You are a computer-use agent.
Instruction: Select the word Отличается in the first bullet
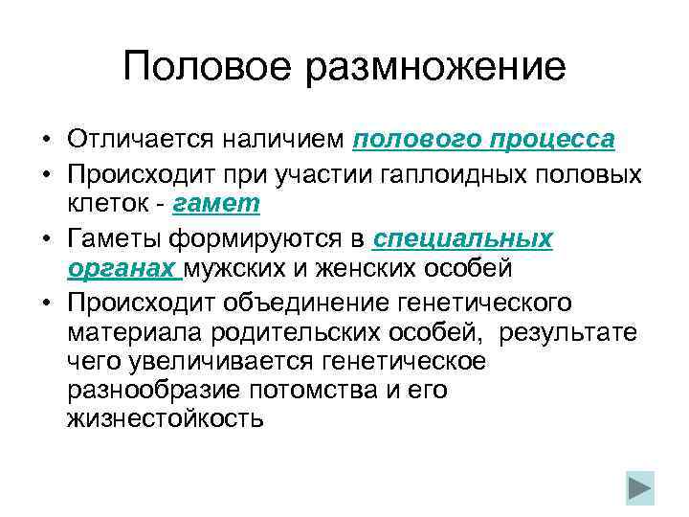pos(142,140)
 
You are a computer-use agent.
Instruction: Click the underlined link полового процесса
pos(483,140)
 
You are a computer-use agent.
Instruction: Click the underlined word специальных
pos(462,237)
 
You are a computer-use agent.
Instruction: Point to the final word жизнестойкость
pos(165,419)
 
